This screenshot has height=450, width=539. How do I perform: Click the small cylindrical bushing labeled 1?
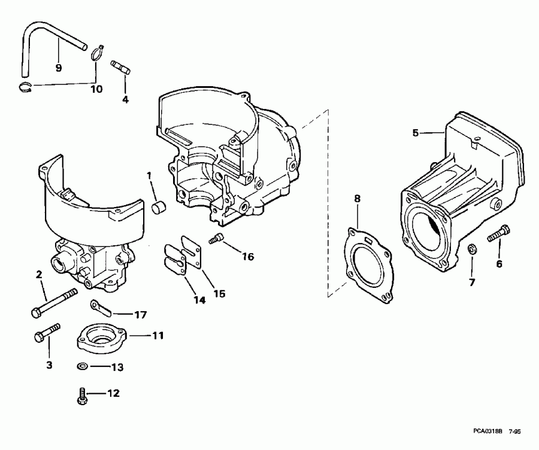coord(158,208)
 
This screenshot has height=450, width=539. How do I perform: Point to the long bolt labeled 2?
coord(54,302)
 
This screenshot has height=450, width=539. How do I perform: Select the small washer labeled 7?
coord(471,248)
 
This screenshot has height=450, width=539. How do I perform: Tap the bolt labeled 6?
coord(498,233)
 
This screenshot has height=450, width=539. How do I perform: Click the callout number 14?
coord(200,300)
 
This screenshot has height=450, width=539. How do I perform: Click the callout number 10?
coord(95,89)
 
